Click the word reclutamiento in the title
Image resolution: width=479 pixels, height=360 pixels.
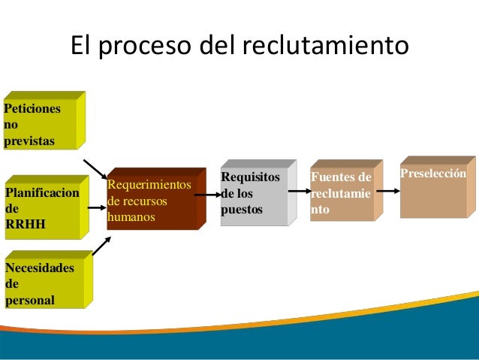[325, 46]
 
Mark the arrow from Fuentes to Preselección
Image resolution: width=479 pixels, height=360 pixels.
[387, 191]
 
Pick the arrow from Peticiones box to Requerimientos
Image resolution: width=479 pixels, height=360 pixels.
[95, 169]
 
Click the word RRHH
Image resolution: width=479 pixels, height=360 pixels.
[24, 222]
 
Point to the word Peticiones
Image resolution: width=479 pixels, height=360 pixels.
[32, 108]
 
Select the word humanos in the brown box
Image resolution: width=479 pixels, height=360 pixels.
[131, 218]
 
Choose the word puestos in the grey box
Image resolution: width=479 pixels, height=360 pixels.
[242, 210]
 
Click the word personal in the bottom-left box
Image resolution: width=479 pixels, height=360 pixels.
[30, 300]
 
